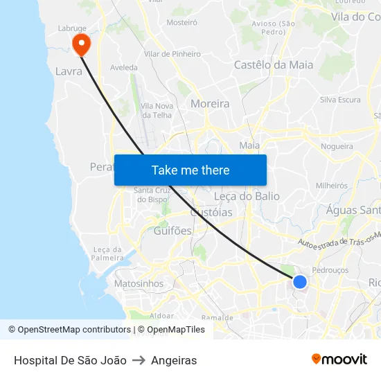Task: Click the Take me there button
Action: pos(190,170)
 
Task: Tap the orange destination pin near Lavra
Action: pos(81,44)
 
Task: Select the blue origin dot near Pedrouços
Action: pos(299,281)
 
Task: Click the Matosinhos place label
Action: pos(139,283)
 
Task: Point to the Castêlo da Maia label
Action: pos(274,65)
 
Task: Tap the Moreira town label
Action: pos(210,104)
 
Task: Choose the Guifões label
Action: pos(172,231)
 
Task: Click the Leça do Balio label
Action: pos(247,196)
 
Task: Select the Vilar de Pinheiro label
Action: pos(172,54)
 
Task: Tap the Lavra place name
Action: pos(69,71)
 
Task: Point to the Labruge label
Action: pos(72,28)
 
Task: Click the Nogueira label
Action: pos(337,146)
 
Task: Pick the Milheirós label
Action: pos(331,186)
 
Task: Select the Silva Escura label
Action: pos(340,100)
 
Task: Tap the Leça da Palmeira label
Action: pos(107,254)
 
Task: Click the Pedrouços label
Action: pos(330,270)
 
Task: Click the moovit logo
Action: pos(339,360)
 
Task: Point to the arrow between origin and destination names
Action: pos(139,360)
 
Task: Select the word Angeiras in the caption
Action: pos(174,360)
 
